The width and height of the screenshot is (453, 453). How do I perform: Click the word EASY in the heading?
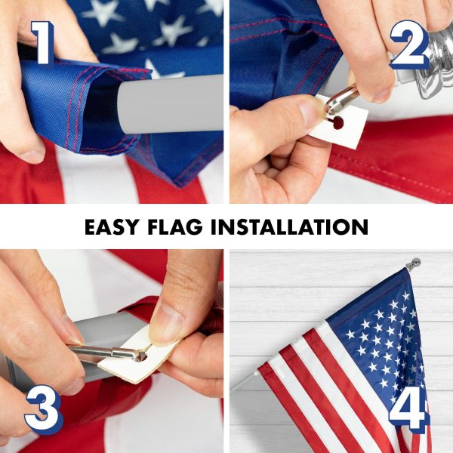tap(112, 227)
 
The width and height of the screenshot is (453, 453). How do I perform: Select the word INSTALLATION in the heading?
tap(290, 227)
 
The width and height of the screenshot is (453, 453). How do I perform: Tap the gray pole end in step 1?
tap(170, 105)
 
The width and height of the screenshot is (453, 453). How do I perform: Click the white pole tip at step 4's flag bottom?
tap(256, 374)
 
